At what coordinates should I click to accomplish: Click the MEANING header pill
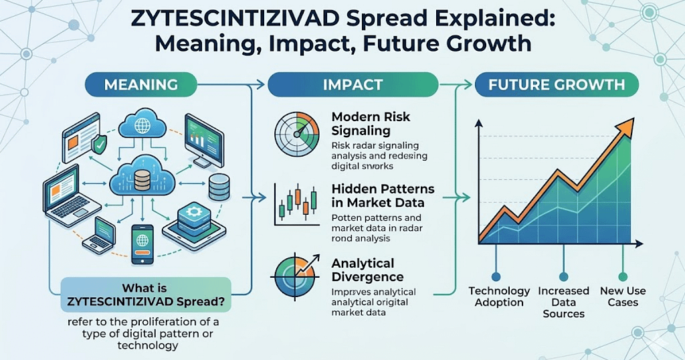pyautogui.click(x=140, y=84)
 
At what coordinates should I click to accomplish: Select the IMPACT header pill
pyautogui.click(x=353, y=84)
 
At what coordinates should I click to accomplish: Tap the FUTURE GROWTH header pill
pyautogui.click(x=557, y=84)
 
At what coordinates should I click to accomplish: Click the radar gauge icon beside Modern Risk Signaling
pyautogui.click(x=296, y=133)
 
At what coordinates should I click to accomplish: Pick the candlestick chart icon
pyautogui.click(x=296, y=204)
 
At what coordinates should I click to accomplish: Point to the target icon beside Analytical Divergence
pyautogui.click(x=295, y=276)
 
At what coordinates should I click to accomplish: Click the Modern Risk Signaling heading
pyautogui.click(x=371, y=124)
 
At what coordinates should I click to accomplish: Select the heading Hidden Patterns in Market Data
pyautogui.click(x=383, y=196)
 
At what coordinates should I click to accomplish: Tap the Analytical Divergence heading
pyautogui.click(x=367, y=270)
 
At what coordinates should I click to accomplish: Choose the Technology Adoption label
pyautogui.click(x=499, y=296)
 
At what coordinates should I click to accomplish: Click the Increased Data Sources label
pyautogui.click(x=563, y=302)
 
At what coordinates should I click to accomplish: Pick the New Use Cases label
pyautogui.click(x=623, y=296)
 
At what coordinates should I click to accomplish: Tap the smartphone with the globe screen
pyautogui.click(x=142, y=245)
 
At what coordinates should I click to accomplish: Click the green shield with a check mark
pyautogui.click(x=99, y=144)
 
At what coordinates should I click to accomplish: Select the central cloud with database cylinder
pyautogui.click(x=142, y=177)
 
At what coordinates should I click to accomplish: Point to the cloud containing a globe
pyautogui.click(x=142, y=125)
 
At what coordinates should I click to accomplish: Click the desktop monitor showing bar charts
pyautogui.click(x=203, y=141)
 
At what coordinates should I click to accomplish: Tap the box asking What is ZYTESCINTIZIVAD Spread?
pyautogui.click(x=146, y=295)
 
